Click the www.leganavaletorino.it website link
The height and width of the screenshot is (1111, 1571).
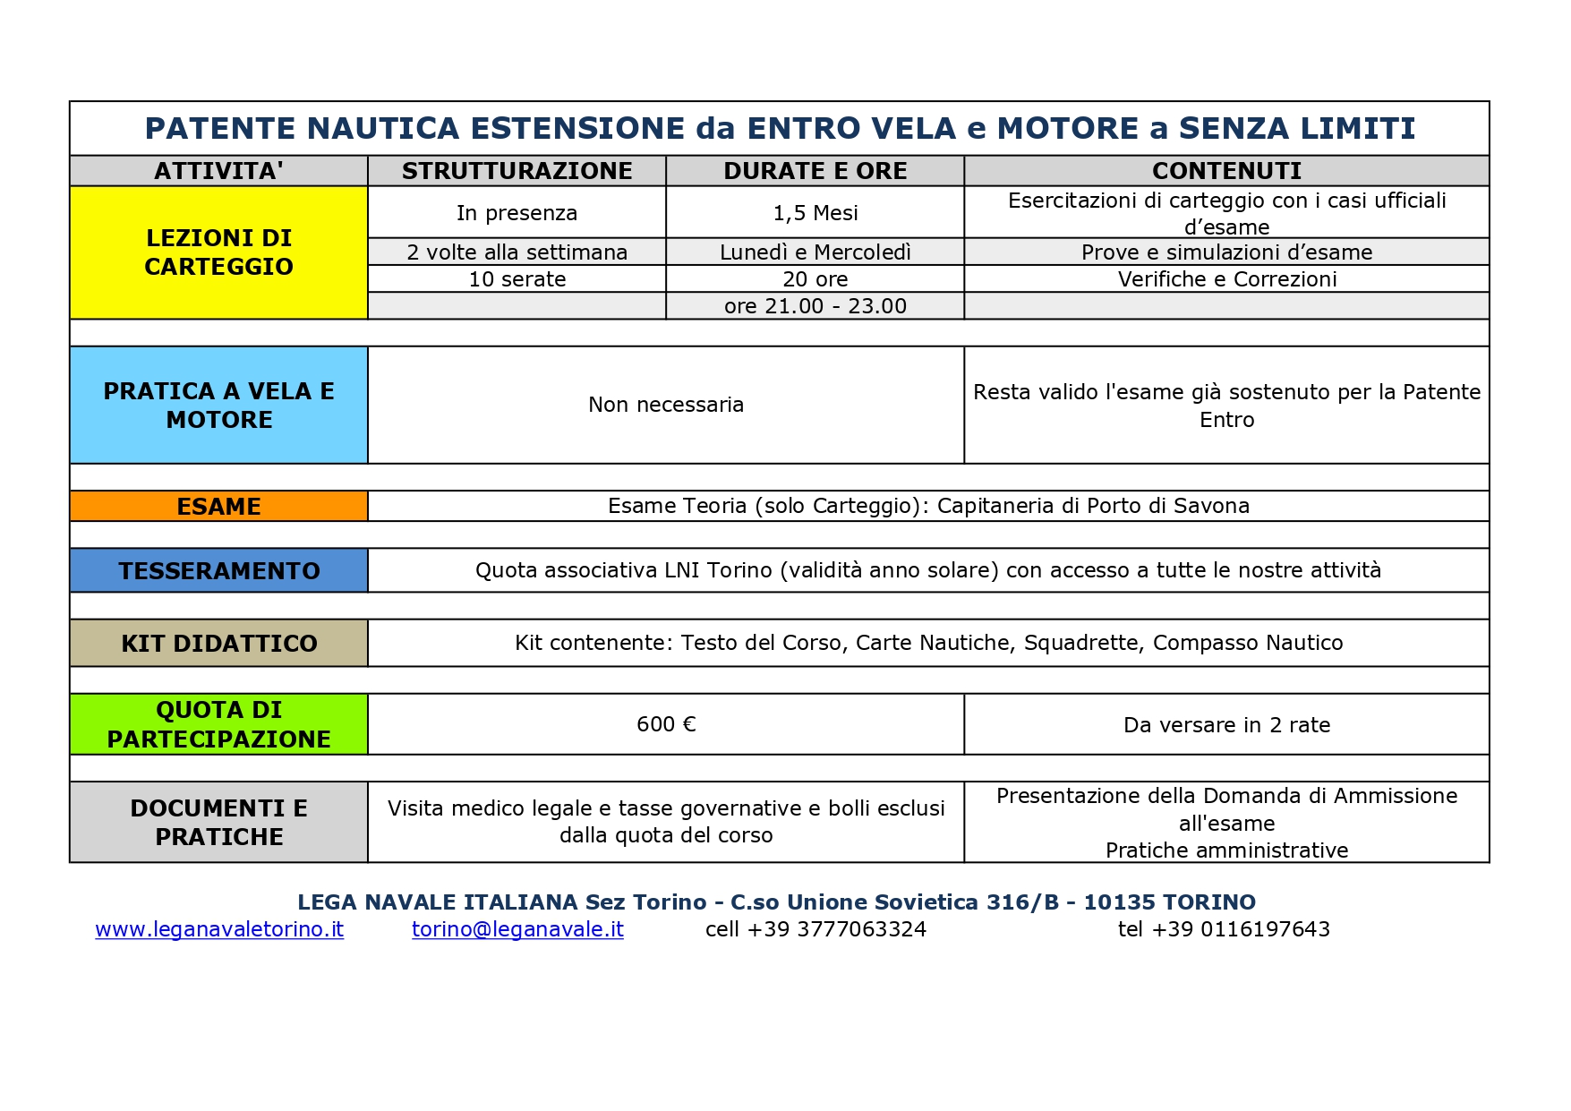219,929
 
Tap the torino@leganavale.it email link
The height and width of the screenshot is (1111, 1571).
517,929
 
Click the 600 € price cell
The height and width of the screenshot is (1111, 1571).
666,724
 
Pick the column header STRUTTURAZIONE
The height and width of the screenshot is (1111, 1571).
517,171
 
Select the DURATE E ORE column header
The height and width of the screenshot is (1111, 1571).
815,171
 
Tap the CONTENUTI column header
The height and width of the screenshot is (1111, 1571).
1226,171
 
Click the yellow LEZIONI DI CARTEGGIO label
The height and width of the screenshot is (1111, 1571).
218,252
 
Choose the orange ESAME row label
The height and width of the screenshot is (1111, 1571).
218,507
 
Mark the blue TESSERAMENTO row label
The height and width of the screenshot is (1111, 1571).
218,571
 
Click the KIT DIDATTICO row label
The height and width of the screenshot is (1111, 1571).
218,644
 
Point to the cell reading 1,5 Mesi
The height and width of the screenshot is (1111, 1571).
815,213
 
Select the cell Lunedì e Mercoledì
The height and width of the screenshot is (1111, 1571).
815,252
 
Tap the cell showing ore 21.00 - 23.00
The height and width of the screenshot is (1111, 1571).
815,306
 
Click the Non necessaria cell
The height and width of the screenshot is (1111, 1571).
666,405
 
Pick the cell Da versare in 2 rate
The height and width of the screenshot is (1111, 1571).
1226,725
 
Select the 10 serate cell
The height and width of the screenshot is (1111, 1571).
517,279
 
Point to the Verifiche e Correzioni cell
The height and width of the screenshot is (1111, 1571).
1226,279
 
